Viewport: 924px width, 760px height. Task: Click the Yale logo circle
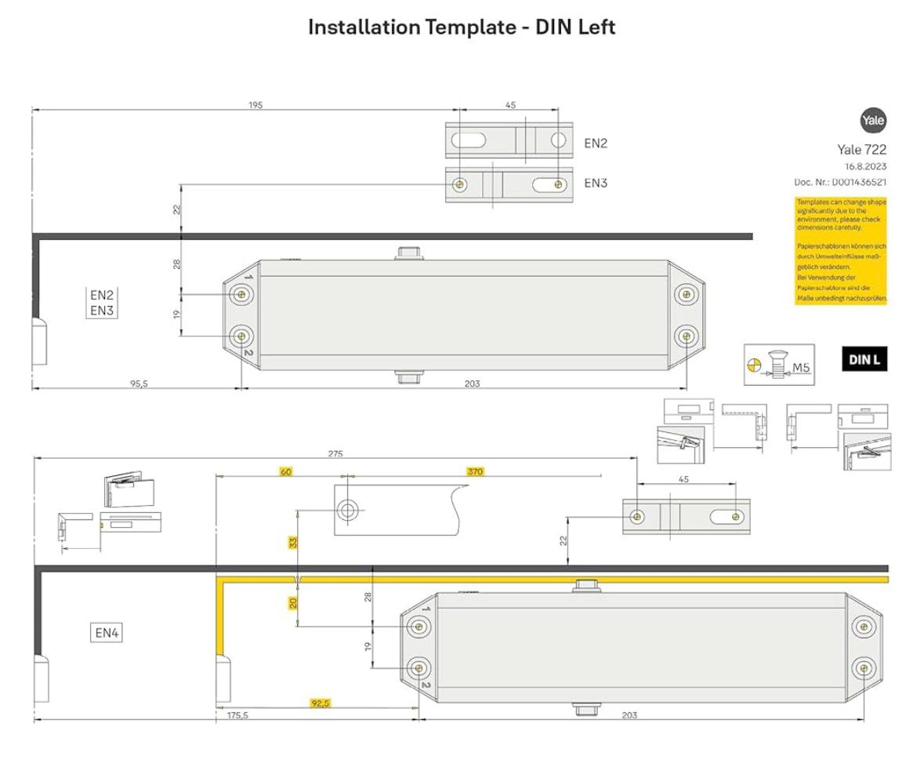tap(872, 121)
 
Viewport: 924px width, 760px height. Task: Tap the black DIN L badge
tap(864, 360)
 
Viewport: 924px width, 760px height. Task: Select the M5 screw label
tap(801, 366)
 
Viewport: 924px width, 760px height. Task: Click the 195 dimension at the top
tap(255, 105)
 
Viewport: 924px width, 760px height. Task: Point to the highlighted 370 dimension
tap(475, 471)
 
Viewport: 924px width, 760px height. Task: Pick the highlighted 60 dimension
tap(286, 471)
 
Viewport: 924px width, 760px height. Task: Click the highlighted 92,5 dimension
tap(321, 704)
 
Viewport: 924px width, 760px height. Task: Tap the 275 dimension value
tap(335, 454)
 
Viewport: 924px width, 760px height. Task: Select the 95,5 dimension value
tap(139, 384)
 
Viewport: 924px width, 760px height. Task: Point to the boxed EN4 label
tap(107, 632)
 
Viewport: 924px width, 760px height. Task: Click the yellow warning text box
tap(841, 250)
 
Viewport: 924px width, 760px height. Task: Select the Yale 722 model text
tap(862, 150)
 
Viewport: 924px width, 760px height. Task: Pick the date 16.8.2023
tap(865, 166)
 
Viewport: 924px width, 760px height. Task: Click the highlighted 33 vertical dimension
tap(293, 542)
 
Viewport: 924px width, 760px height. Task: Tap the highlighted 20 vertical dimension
tap(293, 602)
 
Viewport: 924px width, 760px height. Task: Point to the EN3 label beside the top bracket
tap(596, 183)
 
